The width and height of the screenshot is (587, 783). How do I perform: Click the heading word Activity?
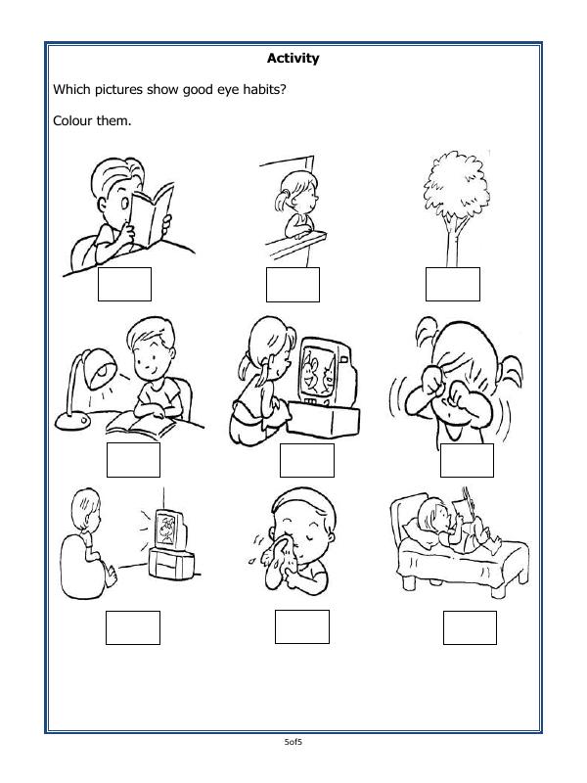pyautogui.click(x=293, y=59)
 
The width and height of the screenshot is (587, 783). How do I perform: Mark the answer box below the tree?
pyautogui.click(x=452, y=283)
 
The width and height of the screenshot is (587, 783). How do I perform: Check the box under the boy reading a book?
pyautogui.click(x=124, y=283)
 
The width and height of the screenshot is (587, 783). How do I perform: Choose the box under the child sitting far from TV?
pyautogui.click(x=132, y=626)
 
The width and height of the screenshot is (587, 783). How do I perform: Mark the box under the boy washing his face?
pyautogui.click(x=301, y=626)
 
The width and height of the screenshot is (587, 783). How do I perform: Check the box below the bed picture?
pyautogui.click(x=470, y=626)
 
